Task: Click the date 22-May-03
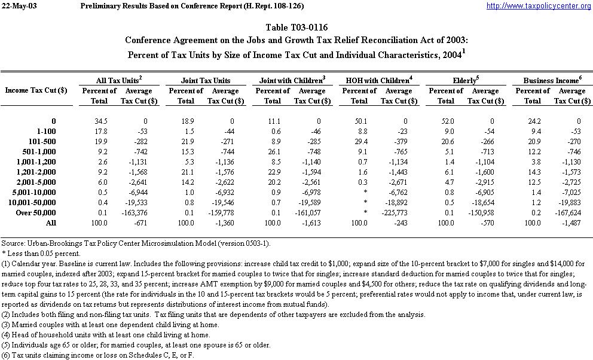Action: pyautogui.click(x=20, y=6)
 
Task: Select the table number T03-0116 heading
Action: pyautogui.click(x=296, y=28)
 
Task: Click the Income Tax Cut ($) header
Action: pyautogui.click(x=36, y=90)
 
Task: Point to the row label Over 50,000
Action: pyautogui.click(x=51, y=212)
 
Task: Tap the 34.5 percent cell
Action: pyautogui.click(x=99, y=121)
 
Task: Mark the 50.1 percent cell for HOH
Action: pyautogui.click(x=359, y=121)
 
